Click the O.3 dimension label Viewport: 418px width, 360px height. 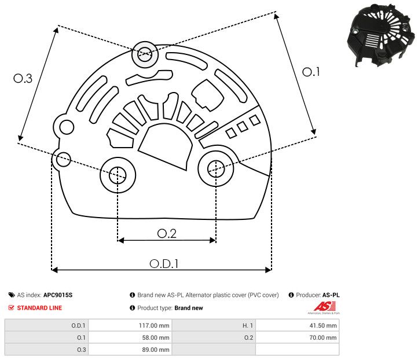click(x=23, y=79)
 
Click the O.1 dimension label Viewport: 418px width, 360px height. click(x=311, y=72)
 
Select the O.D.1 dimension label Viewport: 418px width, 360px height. click(x=164, y=263)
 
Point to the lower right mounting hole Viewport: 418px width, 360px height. click(x=215, y=168)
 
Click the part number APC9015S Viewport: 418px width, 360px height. click(x=58, y=295)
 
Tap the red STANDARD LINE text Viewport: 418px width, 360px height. click(x=39, y=308)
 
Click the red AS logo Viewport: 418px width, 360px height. click(x=321, y=306)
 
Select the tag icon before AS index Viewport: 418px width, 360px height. click(x=12, y=295)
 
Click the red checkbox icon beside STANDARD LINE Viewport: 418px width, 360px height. click(x=12, y=308)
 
